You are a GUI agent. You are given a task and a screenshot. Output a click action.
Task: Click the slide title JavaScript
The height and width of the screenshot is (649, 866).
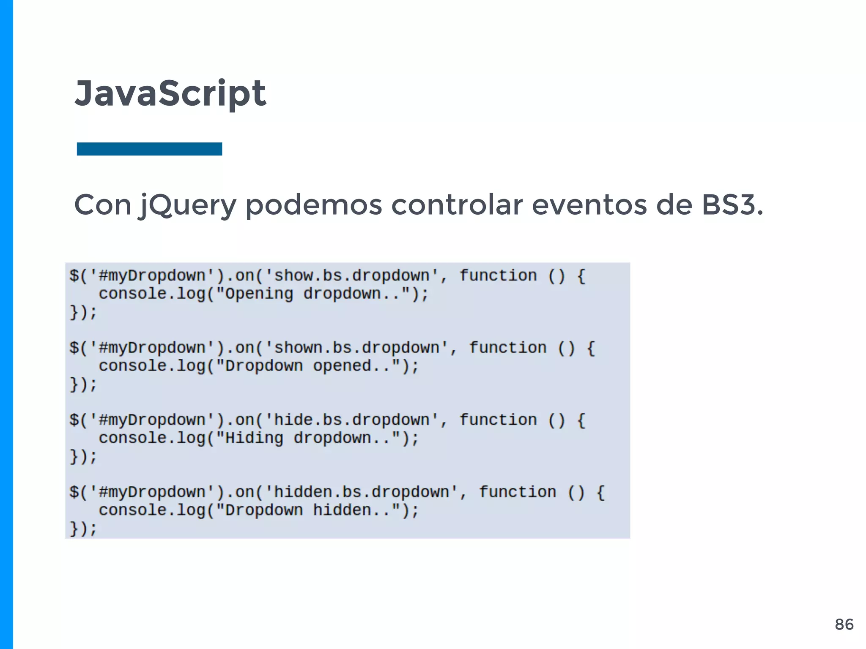pyautogui.click(x=170, y=93)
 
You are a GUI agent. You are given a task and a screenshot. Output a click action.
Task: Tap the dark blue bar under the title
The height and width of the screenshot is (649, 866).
pyautogui.click(x=149, y=149)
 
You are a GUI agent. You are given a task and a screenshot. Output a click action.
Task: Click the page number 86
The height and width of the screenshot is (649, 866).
pyautogui.click(x=844, y=624)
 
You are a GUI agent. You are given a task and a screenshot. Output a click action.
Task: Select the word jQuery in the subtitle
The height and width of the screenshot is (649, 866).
pyautogui.click(x=187, y=205)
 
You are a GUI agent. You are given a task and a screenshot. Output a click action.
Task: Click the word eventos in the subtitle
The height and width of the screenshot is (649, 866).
pyautogui.click(x=589, y=205)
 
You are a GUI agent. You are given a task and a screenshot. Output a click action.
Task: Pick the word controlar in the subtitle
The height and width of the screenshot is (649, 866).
pyautogui.click(x=457, y=205)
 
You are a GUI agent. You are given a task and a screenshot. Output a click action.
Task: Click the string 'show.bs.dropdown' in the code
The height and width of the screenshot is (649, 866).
pyautogui.click(x=352, y=276)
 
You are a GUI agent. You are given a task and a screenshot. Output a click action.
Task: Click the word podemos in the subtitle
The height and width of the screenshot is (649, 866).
pyautogui.click(x=314, y=205)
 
